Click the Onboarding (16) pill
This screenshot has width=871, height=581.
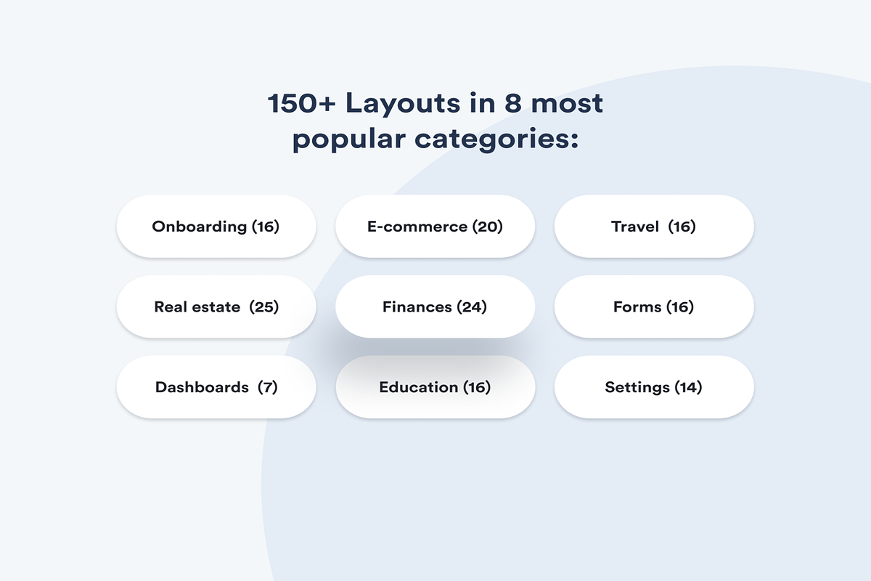216,227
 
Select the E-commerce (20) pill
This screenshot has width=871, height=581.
435,227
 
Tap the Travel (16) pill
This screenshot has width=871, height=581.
653,227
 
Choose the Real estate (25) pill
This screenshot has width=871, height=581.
216,307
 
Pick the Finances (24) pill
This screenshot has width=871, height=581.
435,307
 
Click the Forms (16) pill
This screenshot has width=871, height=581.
653,307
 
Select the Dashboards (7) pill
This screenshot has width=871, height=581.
216,387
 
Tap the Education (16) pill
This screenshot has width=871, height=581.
435,387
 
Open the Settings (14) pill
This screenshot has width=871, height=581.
653,387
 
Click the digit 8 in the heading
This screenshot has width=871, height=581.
510,104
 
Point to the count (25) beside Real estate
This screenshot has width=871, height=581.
264,307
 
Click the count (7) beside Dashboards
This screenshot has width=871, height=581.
268,387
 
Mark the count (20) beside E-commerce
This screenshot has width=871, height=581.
488,227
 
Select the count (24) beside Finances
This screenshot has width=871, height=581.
472,307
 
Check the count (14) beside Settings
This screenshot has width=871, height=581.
688,387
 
